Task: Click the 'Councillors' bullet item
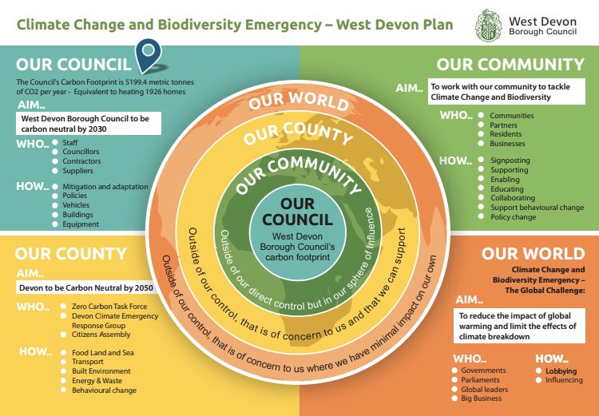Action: (x=81, y=151)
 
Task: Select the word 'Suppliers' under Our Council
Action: (x=78, y=170)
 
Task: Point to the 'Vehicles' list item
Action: (x=77, y=205)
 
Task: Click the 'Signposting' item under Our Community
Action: (x=510, y=160)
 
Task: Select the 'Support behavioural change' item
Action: (x=537, y=208)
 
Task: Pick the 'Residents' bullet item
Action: (x=506, y=134)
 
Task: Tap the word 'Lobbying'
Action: (x=561, y=371)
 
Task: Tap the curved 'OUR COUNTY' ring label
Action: (x=298, y=134)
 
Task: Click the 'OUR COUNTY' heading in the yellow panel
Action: (x=70, y=255)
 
